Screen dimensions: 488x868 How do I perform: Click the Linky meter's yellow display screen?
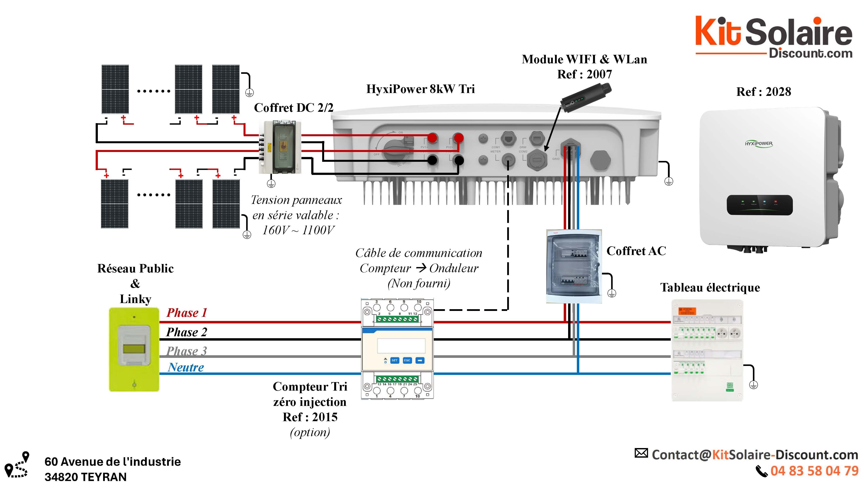[134, 348]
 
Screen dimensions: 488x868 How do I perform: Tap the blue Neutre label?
[186, 367]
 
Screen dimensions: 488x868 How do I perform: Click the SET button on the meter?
[394, 360]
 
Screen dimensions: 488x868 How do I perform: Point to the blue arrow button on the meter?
[420, 360]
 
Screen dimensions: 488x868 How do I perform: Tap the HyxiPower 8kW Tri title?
[420, 89]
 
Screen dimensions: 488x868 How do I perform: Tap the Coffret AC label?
[636, 251]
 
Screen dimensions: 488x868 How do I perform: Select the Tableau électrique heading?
[710, 288]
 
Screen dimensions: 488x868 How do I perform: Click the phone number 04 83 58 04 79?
[814, 471]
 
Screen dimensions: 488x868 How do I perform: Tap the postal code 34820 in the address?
[61, 477]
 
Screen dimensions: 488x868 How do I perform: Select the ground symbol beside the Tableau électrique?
[753, 384]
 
